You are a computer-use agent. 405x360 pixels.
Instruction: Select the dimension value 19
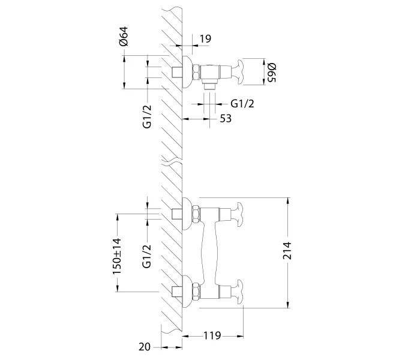point(205,39)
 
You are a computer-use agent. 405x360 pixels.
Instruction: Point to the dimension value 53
point(226,119)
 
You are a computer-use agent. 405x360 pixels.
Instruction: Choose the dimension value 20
point(144,347)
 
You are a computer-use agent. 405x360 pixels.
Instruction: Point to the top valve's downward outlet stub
point(210,86)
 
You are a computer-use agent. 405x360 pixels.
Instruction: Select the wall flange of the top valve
point(187,73)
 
